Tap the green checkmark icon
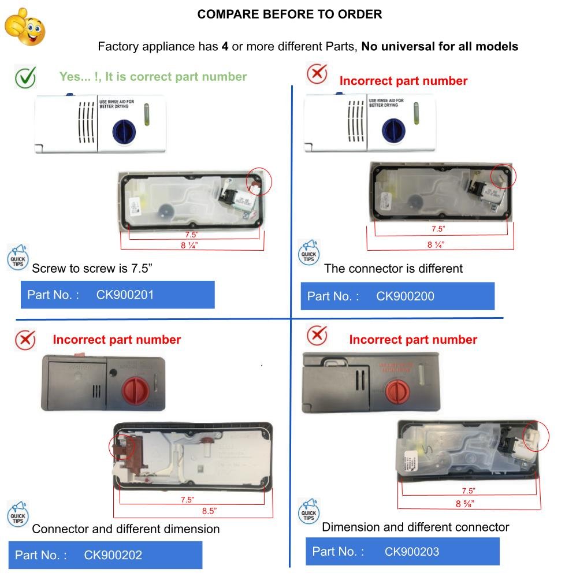(25, 77)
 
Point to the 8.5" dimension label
(208, 511)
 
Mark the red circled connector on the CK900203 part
(536, 437)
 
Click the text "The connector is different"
(393, 268)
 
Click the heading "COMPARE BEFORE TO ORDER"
(289, 14)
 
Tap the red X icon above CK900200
(317, 74)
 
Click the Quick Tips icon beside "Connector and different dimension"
(17, 515)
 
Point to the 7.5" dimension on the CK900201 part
(191, 235)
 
